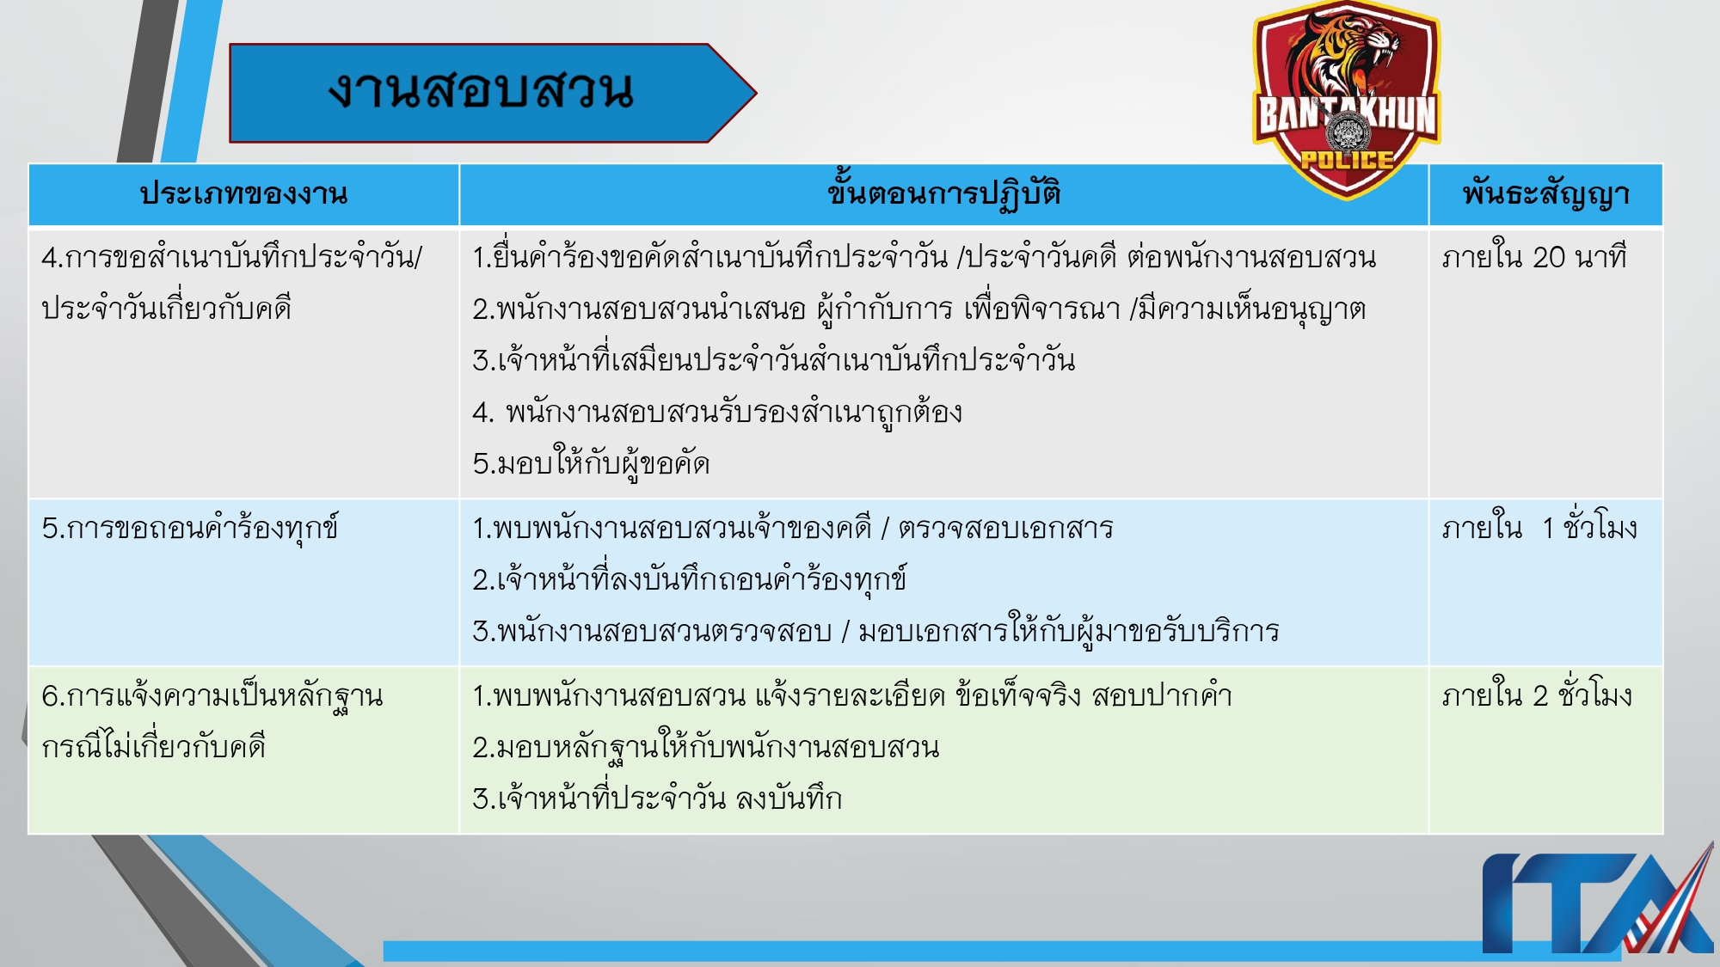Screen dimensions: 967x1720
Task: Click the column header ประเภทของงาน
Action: point(243,194)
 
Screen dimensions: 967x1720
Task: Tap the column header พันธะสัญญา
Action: point(1545,194)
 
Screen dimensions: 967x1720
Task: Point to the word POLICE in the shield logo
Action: point(1347,160)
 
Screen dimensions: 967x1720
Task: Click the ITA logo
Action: point(1596,903)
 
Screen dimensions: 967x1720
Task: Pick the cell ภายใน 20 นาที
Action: point(1534,257)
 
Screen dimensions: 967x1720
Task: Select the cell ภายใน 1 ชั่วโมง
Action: point(1539,528)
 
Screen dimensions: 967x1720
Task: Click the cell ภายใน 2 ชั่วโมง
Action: point(1537,695)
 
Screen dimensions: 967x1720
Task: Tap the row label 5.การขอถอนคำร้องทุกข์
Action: point(190,528)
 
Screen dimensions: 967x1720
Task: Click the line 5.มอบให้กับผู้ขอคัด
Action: point(591,464)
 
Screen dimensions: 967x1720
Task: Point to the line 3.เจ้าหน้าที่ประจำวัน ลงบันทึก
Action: point(657,799)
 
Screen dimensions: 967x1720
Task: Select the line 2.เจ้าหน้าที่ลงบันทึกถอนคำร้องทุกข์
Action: point(689,580)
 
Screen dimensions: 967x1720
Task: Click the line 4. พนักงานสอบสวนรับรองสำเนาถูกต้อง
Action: point(717,413)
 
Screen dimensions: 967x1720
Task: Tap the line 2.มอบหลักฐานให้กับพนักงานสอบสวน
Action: point(705,748)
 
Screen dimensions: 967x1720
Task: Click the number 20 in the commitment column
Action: point(1549,257)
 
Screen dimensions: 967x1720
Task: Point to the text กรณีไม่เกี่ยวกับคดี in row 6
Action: point(154,747)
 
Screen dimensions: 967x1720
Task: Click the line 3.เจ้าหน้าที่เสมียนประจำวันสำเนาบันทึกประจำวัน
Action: point(773,361)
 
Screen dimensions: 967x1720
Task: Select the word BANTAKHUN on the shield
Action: point(1347,115)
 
